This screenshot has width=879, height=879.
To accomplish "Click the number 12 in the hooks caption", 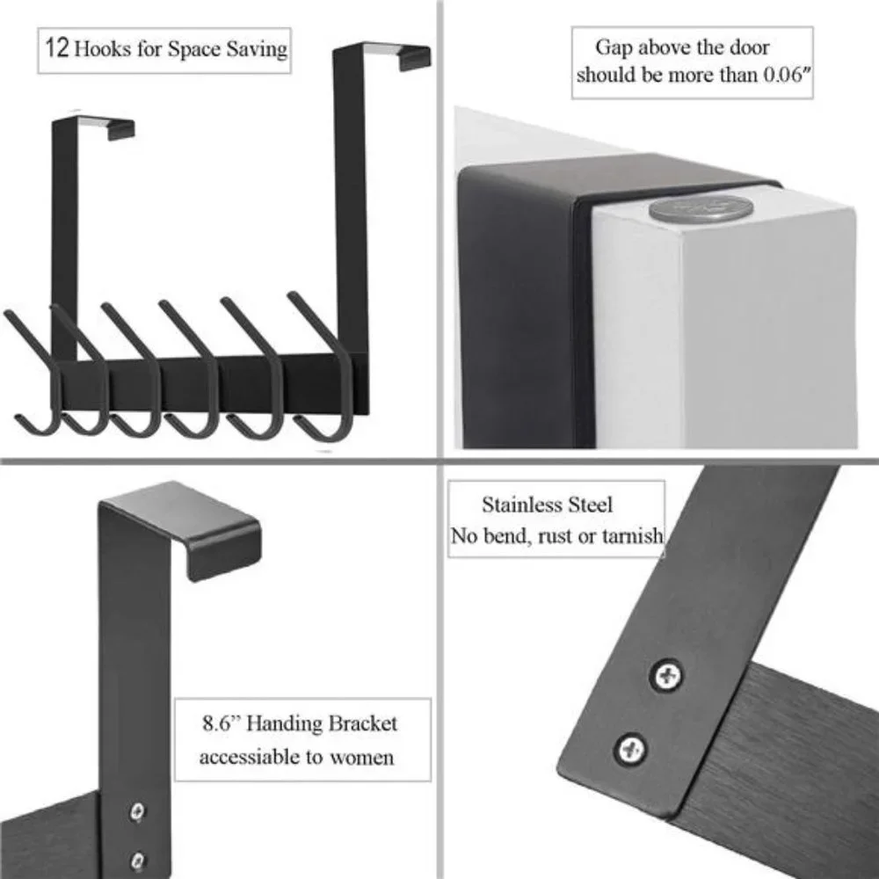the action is pos(56,48).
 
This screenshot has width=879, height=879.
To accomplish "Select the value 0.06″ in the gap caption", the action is pos(787,75).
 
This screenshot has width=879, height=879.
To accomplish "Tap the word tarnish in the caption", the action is pos(632,536).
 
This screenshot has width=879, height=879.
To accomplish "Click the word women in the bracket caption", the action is pos(361,758).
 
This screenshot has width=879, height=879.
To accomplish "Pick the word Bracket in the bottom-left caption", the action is pos(362,723).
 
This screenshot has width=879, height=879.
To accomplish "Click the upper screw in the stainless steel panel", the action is pos(666,675).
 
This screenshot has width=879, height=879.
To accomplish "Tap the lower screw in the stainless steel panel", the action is pos(630,749).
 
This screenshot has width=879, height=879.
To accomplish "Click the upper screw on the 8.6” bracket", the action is pos(137,811).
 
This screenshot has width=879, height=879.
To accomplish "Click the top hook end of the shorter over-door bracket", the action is pos(121,131).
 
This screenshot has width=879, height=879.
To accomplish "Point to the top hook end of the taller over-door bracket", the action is pos(414,59).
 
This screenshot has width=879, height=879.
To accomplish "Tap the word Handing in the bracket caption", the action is pos(284,723).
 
